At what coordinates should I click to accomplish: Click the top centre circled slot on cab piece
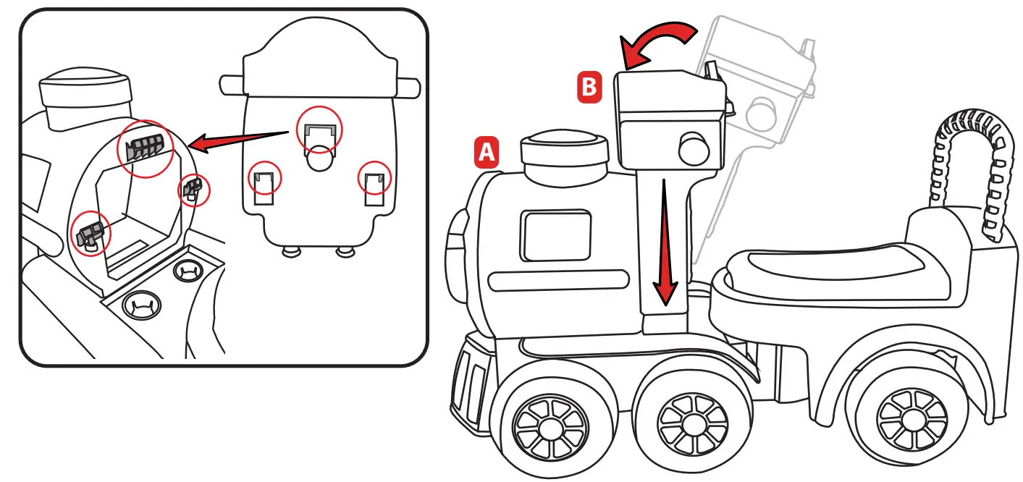point(319,131)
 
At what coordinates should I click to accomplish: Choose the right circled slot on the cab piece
point(374,178)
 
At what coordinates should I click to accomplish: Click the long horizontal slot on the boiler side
point(558,281)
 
